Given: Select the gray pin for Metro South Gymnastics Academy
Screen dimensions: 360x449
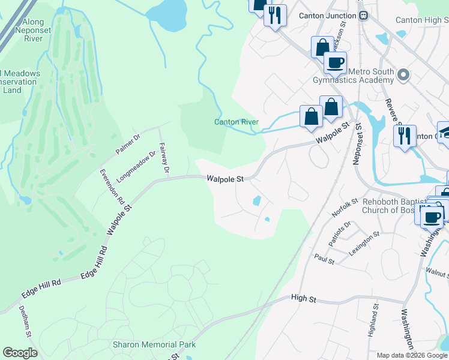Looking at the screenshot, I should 403,76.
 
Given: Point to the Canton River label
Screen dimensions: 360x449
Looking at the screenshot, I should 237,122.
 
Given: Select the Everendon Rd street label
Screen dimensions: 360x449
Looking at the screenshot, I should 111,187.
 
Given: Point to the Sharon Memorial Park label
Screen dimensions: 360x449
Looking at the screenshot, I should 154,344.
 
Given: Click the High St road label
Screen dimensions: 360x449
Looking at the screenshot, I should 303,298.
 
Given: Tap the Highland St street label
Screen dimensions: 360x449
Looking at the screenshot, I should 376,318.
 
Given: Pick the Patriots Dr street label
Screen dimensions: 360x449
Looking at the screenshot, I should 339,234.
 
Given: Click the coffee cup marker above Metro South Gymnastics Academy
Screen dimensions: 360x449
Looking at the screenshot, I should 335,62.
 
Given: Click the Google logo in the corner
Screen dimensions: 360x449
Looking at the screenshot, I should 20,353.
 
